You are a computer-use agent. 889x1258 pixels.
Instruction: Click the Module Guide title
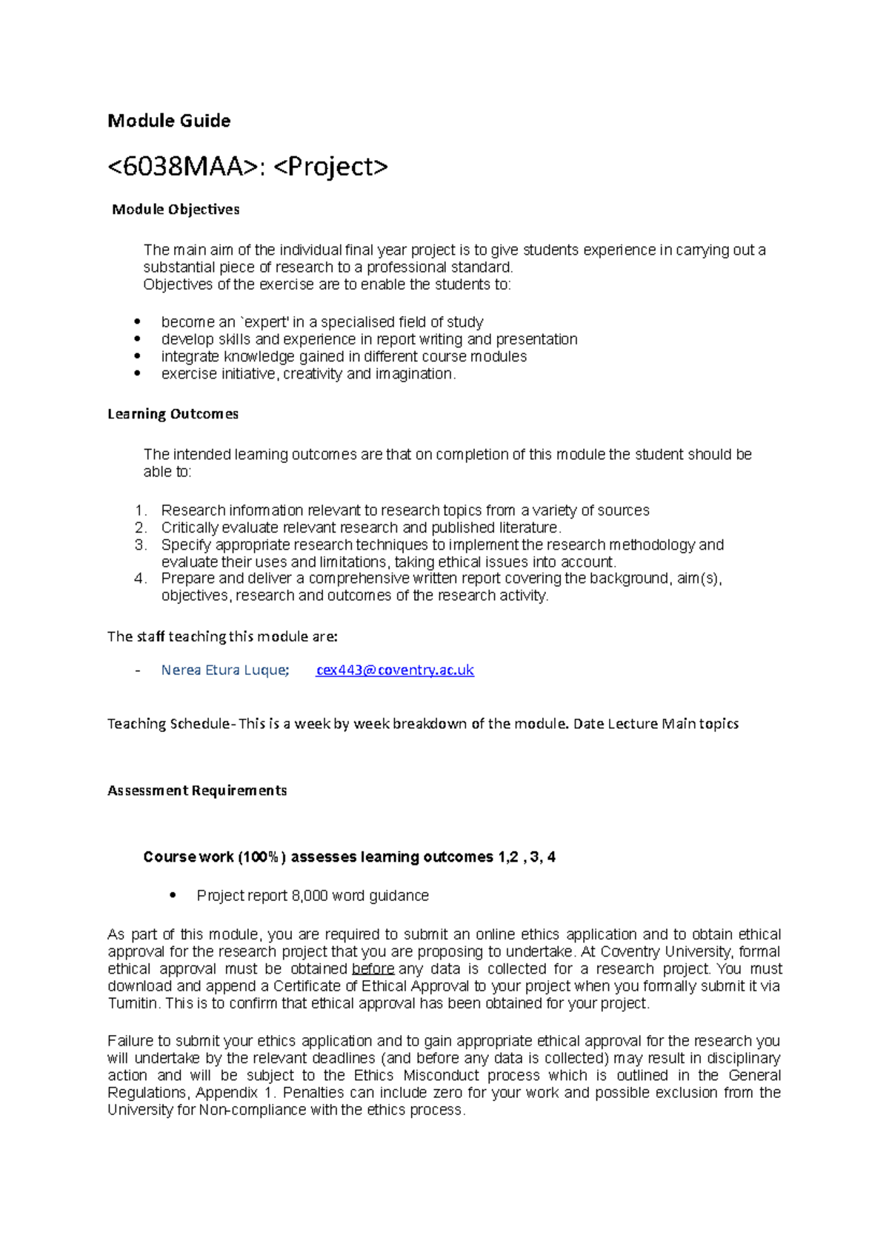pyautogui.click(x=169, y=121)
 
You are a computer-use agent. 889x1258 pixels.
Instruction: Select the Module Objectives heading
pyautogui.click(x=176, y=210)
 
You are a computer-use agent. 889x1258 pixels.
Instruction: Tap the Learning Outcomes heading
pyautogui.click(x=173, y=414)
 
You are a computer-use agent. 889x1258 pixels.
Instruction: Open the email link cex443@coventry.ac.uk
pyautogui.click(x=394, y=670)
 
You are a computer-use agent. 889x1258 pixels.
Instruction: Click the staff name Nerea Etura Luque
pyautogui.click(x=224, y=670)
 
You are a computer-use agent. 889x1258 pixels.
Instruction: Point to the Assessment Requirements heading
pyautogui.click(x=197, y=791)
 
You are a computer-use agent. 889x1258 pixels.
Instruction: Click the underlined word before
pyautogui.click(x=373, y=969)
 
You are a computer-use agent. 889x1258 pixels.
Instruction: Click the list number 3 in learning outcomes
pyautogui.click(x=141, y=545)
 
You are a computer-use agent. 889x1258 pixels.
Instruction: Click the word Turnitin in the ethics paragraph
pyautogui.click(x=133, y=1003)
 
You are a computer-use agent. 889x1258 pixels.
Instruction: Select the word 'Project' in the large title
pyautogui.click(x=330, y=167)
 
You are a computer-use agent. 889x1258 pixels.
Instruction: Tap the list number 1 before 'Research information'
pyautogui.click(x=141, y=510)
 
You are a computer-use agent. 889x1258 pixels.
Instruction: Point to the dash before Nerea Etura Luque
pyautogui.click(x=137, y=670)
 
